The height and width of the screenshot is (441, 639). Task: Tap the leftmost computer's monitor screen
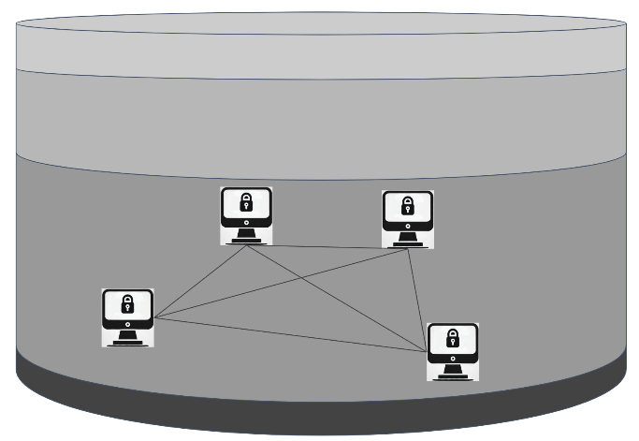coord(127,306)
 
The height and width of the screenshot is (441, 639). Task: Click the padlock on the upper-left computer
coord(246,202)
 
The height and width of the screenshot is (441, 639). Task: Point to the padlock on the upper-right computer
coord(408,205)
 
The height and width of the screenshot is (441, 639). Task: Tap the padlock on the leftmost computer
coord(127,303)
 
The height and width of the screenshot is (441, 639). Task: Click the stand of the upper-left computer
coord(246,237)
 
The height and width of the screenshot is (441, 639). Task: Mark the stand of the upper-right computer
coord(408,239)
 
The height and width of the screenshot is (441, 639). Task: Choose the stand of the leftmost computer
coord(127,338)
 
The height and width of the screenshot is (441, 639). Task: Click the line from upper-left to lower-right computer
coord(337,299)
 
